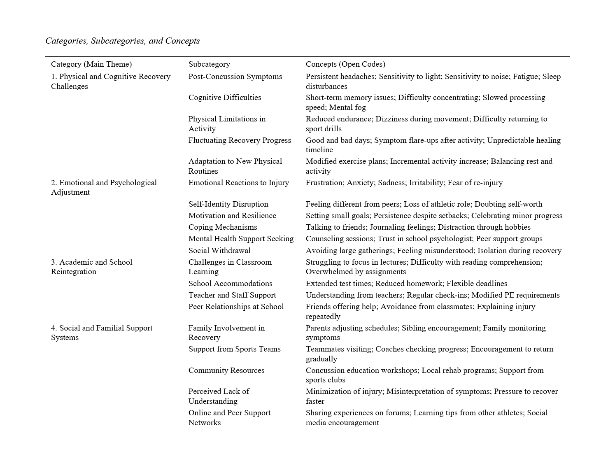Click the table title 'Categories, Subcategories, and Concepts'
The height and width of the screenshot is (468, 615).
(123, 41)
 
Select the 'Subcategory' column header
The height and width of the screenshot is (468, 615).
(209, 64)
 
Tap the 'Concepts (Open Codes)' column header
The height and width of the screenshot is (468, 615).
(345, 64)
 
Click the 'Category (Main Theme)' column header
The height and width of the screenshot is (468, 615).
(91, 64)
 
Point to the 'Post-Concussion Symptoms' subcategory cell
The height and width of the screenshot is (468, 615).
(235, 77)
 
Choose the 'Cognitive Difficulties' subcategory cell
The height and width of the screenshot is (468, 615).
(225, 98)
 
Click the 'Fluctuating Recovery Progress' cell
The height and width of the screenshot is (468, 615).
(240, 140)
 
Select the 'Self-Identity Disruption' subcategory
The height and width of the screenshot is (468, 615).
(228, 204)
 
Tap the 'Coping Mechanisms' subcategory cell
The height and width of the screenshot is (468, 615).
(223, 227)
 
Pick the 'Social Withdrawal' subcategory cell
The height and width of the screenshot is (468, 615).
(219, 251)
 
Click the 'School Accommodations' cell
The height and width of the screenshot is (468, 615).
(230, 284)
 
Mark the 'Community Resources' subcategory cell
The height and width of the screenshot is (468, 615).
(226, 370)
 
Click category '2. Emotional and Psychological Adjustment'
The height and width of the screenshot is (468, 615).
(104, 187)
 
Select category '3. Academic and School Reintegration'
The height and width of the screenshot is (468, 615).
(91, 267)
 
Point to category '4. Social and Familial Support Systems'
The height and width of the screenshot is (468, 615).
(102, 333)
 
